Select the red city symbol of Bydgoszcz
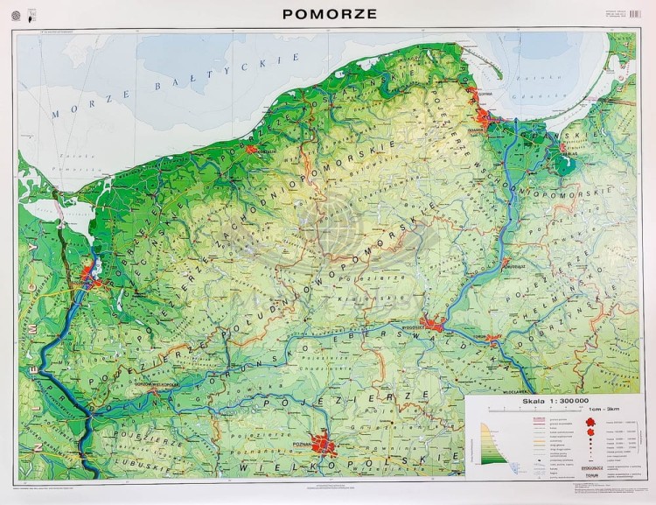[x=433, y=324]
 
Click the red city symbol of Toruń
[x=492, y=338]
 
